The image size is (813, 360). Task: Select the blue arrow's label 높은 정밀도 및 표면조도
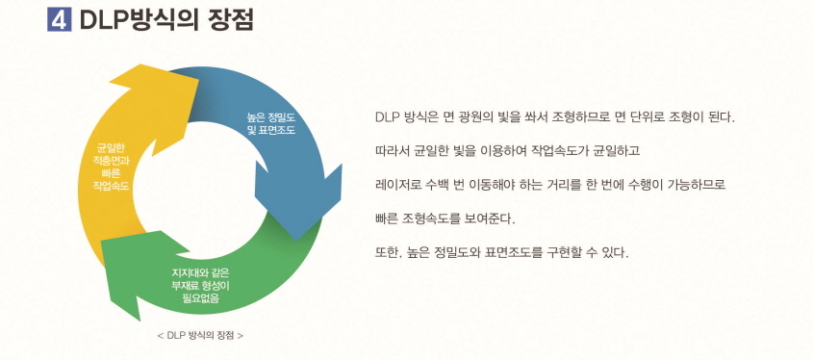tap(270, 122)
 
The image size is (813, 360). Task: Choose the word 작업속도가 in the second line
tap(555, 151)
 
